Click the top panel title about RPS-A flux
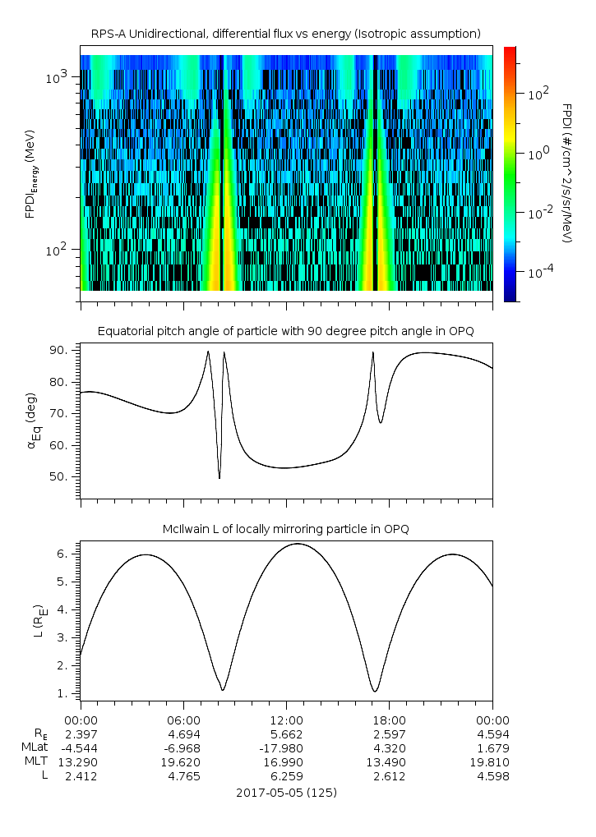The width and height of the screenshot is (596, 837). (x=286, y=33)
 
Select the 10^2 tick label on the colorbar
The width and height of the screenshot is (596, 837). (x=538, y=94)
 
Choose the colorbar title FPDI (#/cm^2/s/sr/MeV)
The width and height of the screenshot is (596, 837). (x=566, y=173)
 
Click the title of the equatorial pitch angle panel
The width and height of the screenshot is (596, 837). (x=286, y=331)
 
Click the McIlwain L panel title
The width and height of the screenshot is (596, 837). (x=286, y=528)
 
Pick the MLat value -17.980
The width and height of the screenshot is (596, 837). (x=286, y=748)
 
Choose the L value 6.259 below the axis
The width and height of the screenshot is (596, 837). (x=286, y=776)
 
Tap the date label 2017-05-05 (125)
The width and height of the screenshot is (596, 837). (x=286, y=793)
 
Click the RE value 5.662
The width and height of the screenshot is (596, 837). (x=286, y=734)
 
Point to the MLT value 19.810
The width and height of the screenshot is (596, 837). (x=492, y=762)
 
